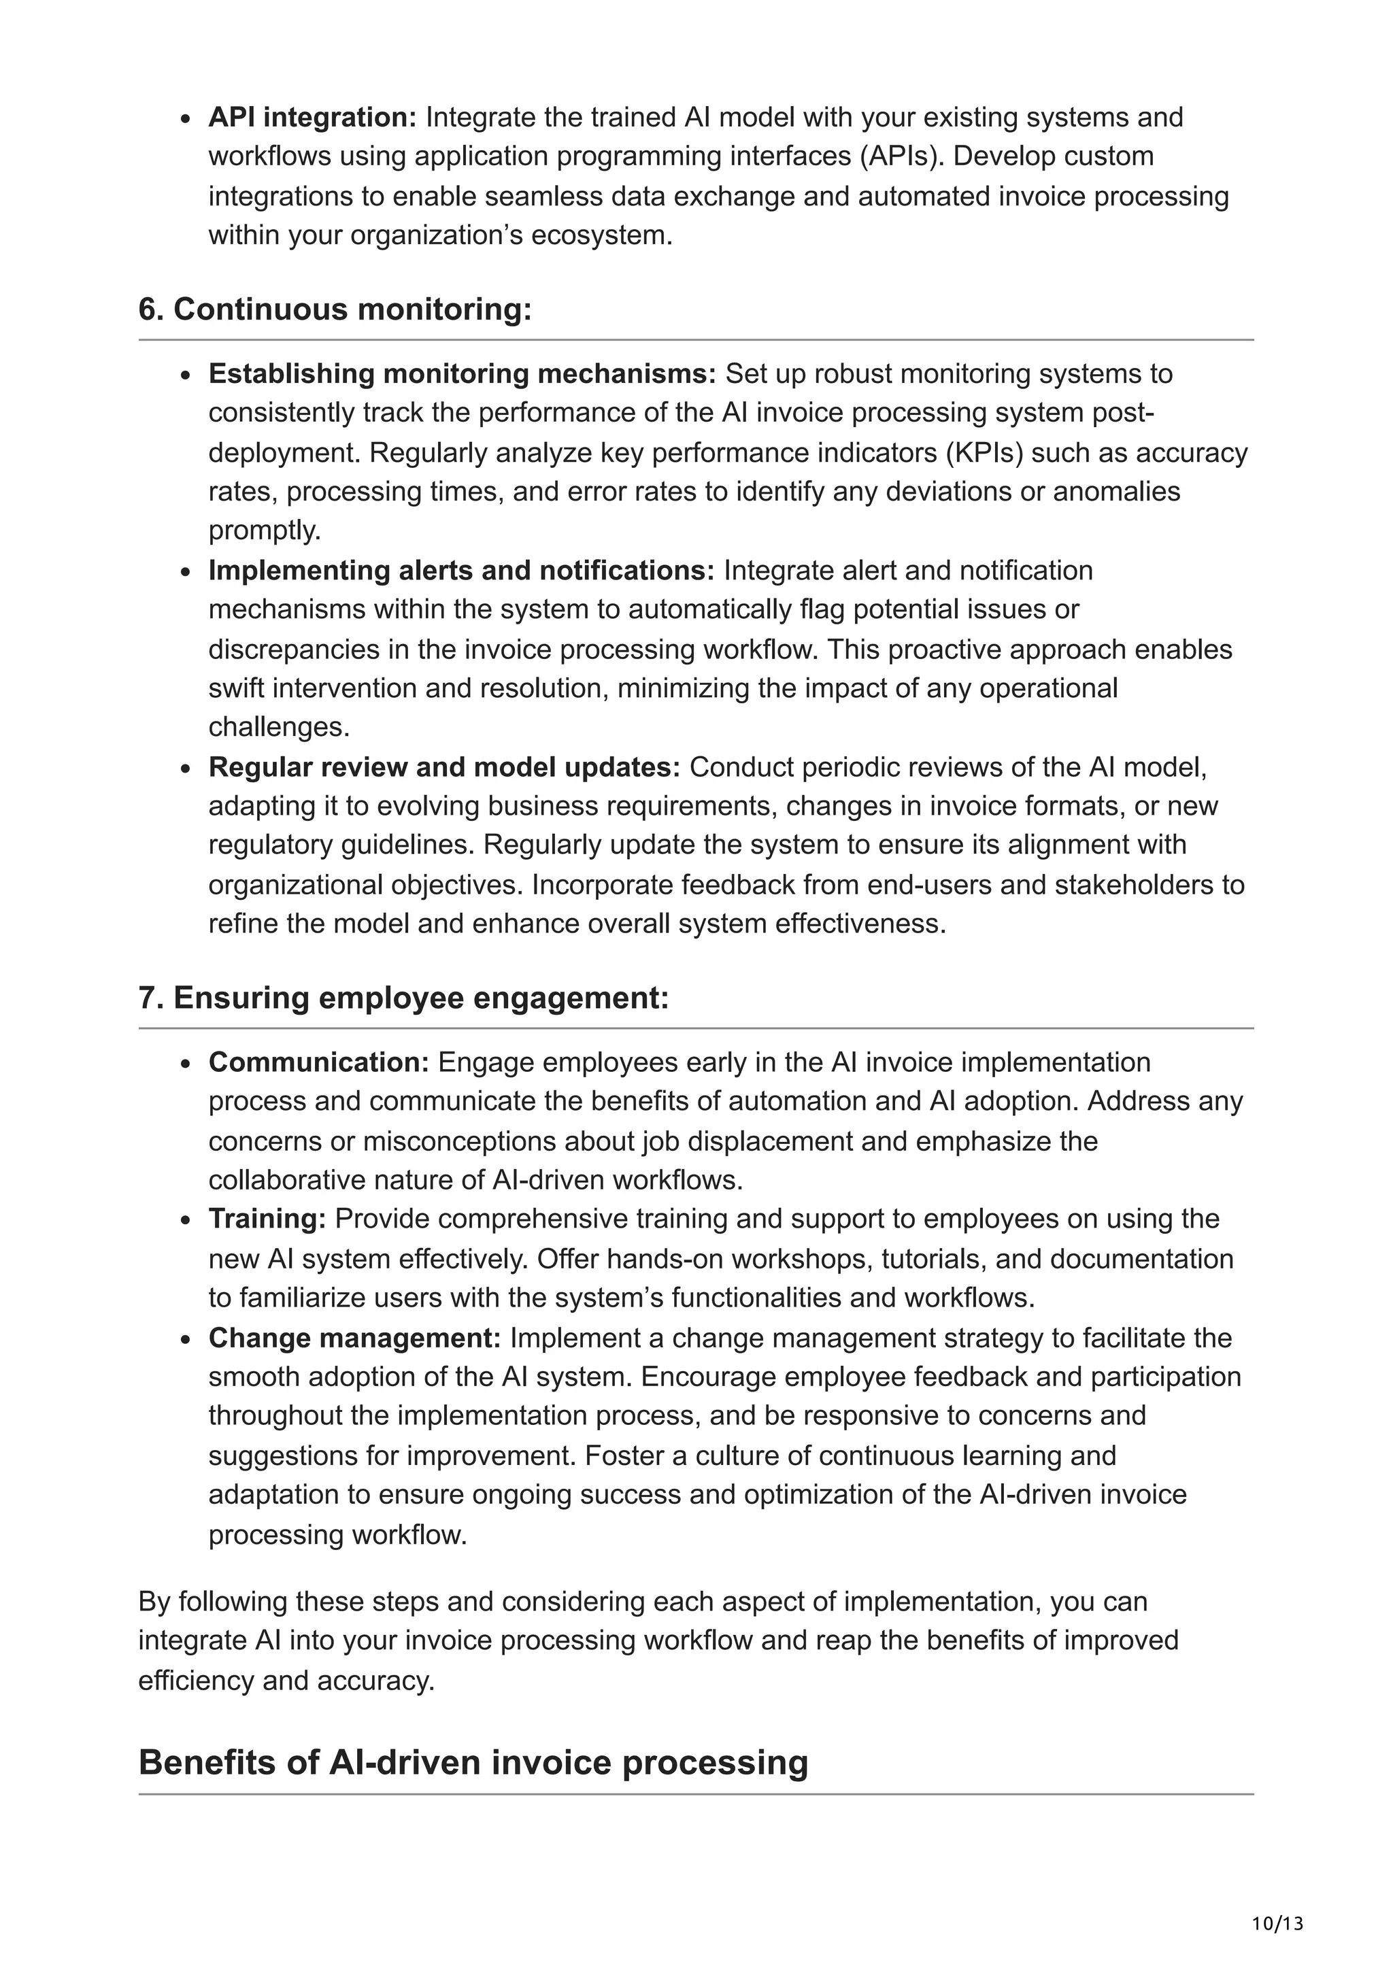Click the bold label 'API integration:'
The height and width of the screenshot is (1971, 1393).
(x=312, y=117)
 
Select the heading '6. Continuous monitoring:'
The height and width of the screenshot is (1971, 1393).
(x=335, y=309)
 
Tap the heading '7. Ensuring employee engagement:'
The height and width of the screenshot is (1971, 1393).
(x=403, y=998)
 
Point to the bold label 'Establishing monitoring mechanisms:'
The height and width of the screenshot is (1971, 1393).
(x=462, y=373)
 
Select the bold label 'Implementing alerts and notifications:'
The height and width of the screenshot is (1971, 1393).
(x=461, y=570)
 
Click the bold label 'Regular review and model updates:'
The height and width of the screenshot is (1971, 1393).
(x=443, y=766)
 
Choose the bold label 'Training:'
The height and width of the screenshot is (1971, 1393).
(x=267, y=1219)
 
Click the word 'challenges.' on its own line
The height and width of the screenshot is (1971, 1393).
(x=279, y=727)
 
